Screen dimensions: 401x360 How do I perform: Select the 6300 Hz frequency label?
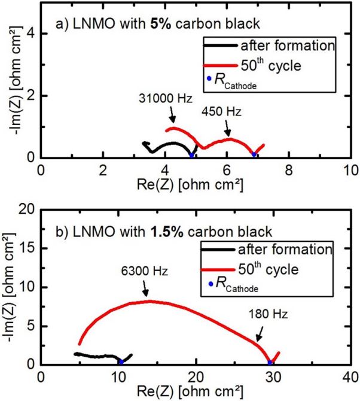[x=147, y=270]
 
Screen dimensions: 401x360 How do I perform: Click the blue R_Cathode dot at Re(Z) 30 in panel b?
[x=270, y=361]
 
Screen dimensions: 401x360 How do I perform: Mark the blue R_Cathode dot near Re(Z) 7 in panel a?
[x=254, y=154]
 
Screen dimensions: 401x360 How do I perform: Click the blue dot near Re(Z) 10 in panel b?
[x=121, y=361]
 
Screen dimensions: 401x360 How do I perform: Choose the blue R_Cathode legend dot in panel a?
[x=209, y=78]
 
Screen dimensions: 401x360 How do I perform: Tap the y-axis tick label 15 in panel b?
[x=26, y=248]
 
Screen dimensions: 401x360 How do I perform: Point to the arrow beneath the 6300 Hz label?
[x=145, y=288]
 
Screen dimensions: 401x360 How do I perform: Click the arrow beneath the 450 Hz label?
[x=227, y=127]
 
